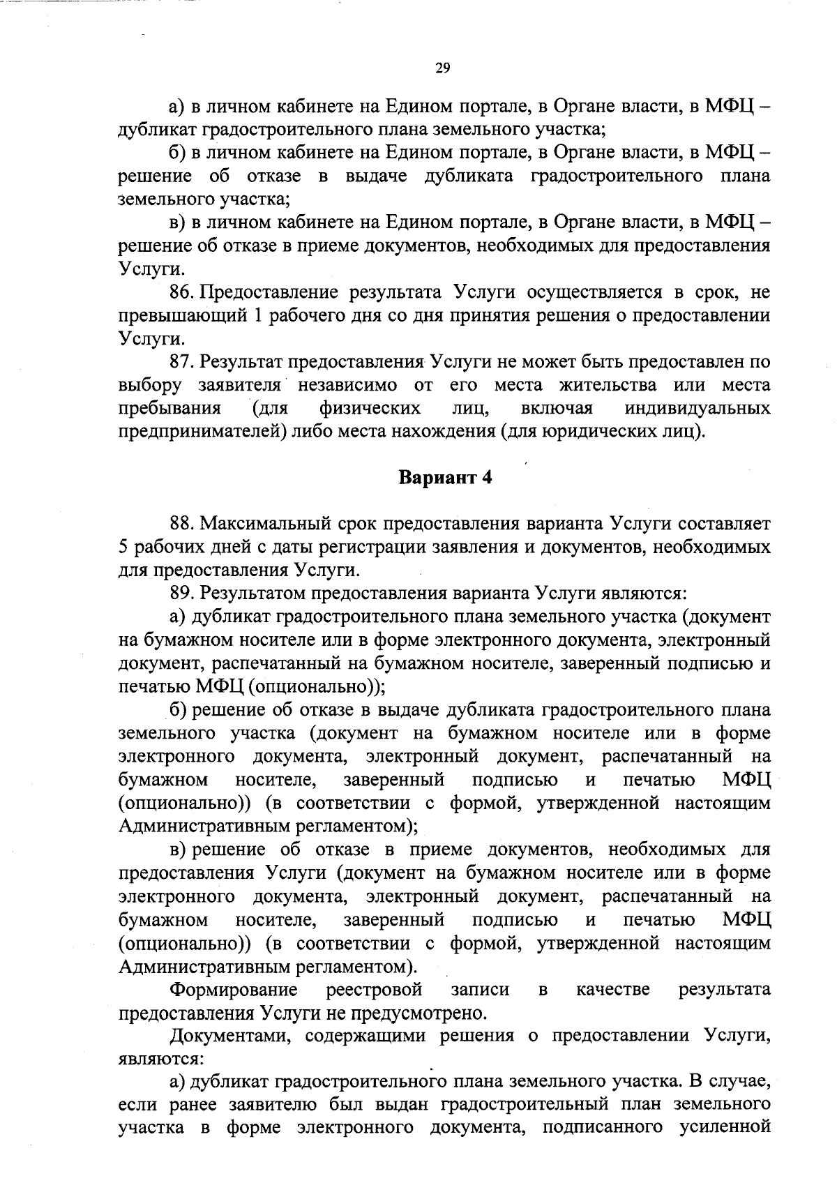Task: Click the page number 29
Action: pyautogui.click(x=443, y=68)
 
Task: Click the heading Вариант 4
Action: pyautogui.click(x=446, y=478)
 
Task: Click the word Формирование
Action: pyautogui.click(x=234, y=990)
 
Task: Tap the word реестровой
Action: pyautogui.click(x=374, y=990)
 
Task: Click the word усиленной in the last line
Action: pyautogui.click(x=725, y=1129)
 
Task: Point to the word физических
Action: pyautogui.click(x=370, y=408)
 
